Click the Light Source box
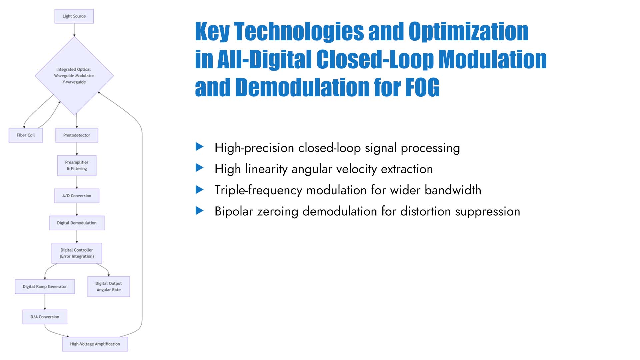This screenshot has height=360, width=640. coord(74,16)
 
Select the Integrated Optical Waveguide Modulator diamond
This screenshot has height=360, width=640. coord(74,76)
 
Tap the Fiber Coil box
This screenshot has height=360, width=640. coord(26,135)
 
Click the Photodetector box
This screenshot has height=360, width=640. coord(77,135)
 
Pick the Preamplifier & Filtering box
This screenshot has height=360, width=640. coord(77,165)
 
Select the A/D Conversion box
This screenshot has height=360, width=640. coord(77,196)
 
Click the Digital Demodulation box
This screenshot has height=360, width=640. coord(77,223)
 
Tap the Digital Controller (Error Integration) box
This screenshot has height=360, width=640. coord(77,253)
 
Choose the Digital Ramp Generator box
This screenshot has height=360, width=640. coord(45,286)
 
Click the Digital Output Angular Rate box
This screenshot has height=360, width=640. coord(109,286)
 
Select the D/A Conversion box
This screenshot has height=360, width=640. coord(45,317)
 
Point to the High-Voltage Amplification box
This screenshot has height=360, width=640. coord(95,344)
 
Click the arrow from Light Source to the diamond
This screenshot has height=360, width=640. coord(74,30)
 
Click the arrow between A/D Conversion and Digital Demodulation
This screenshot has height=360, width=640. coord(77,209)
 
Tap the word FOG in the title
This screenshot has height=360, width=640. coord(422,87)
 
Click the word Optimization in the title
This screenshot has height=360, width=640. coord(468,32)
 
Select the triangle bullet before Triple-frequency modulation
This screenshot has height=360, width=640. coord(199,190)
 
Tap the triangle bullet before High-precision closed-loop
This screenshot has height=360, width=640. coord(199,147)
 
